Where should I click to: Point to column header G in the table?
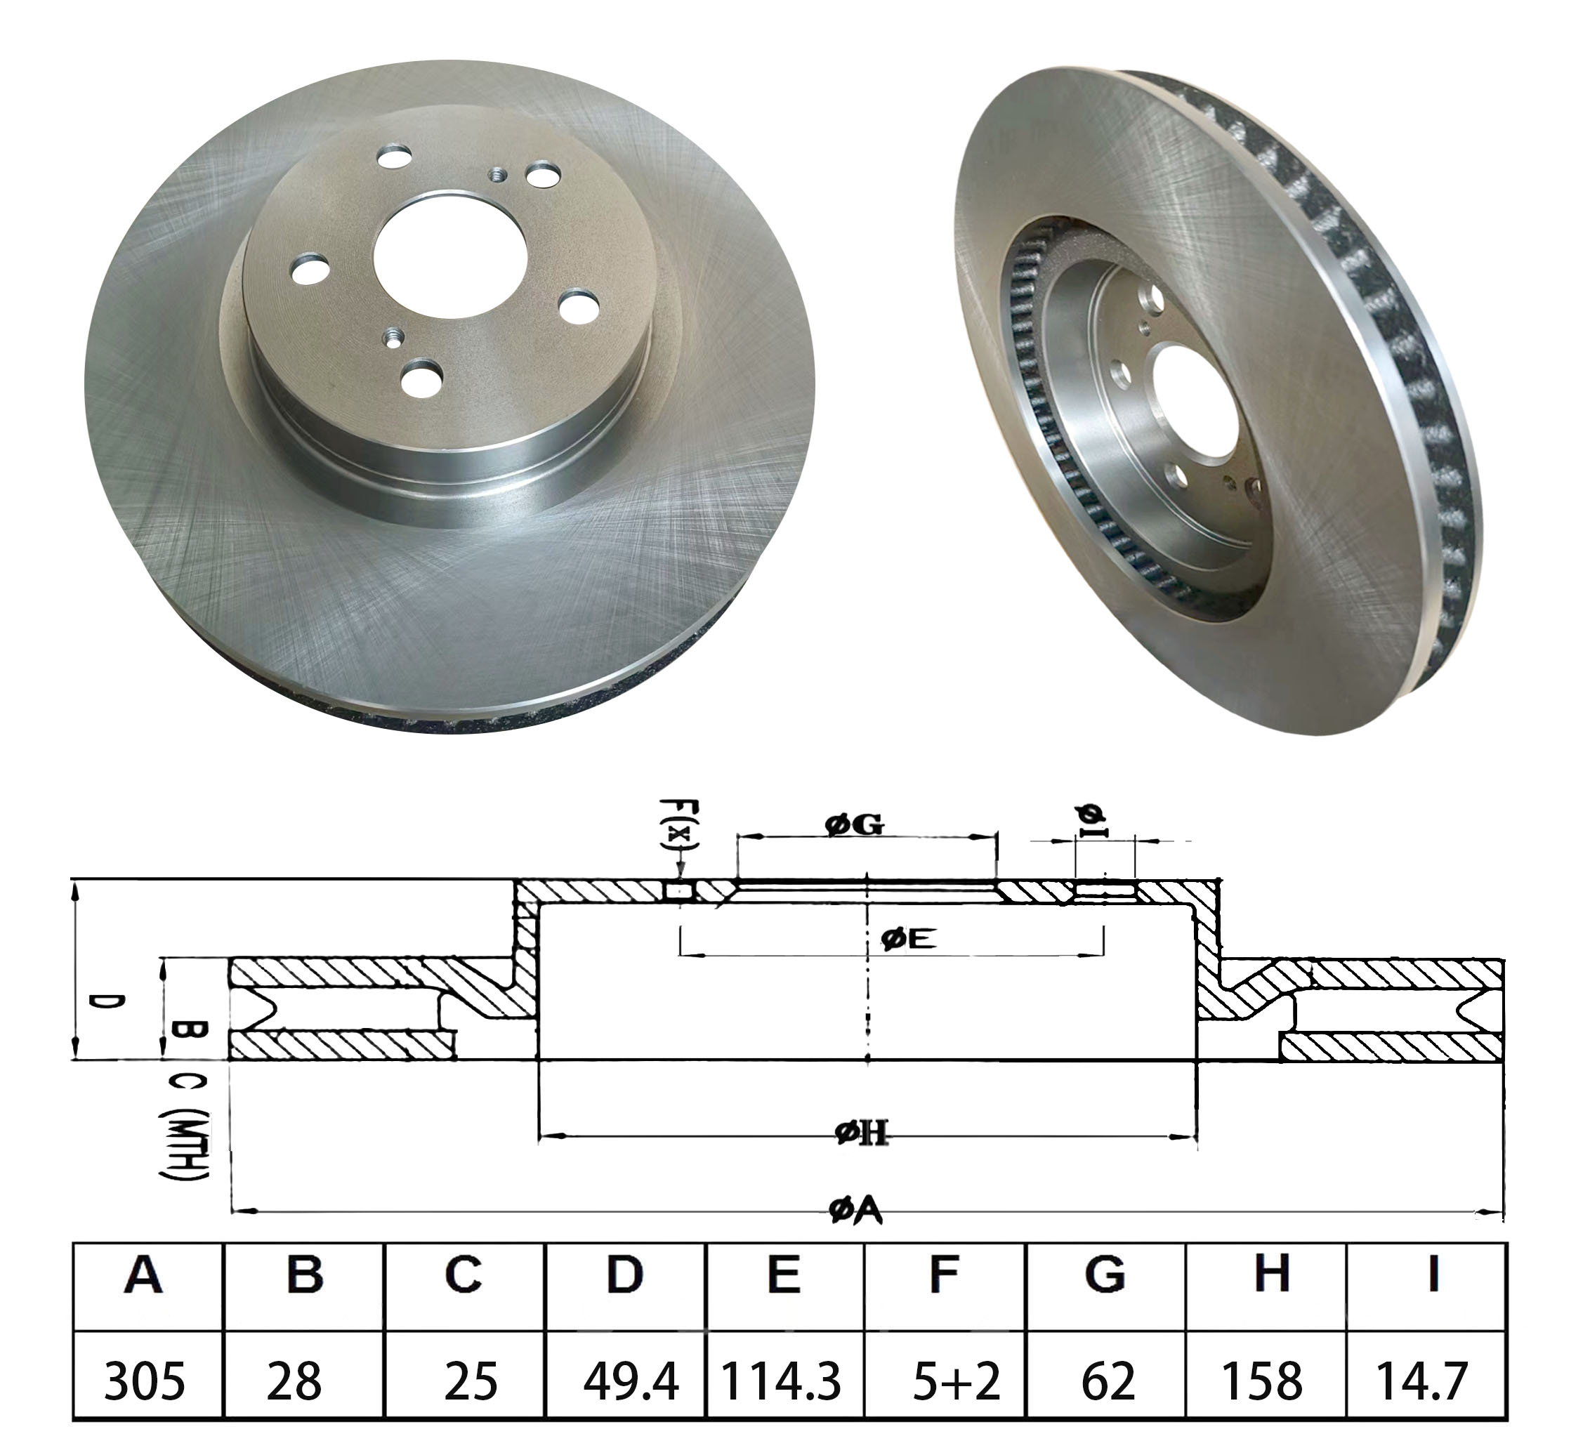pyautogui.click(x=1105, y=1274)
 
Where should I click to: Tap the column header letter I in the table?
pyautogui.click(x=1434, y=1274)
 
